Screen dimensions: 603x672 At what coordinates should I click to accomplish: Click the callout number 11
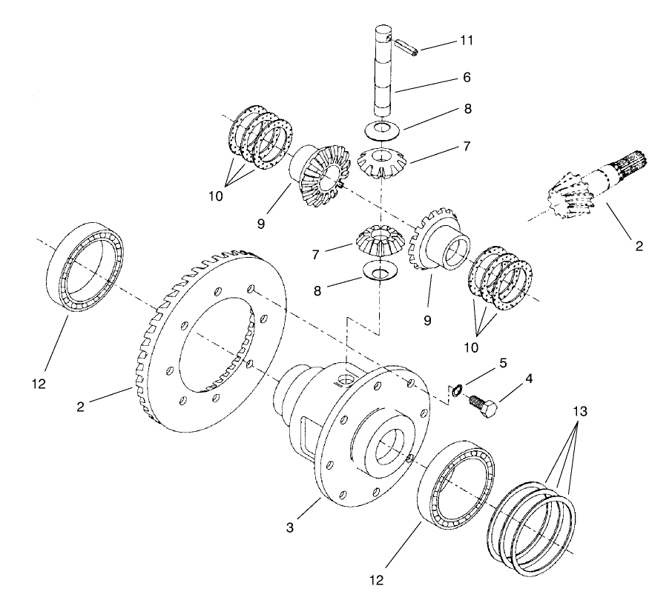coord(466,39)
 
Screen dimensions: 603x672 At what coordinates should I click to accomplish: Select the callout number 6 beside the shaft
coord(466,77)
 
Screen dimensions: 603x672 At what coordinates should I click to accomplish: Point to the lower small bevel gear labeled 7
coord(381,242)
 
